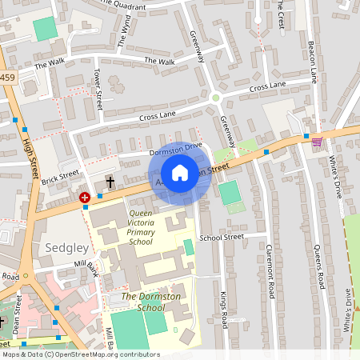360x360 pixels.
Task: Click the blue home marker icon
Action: (x=180, y=173)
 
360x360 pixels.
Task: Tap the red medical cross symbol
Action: (x=85, y=196)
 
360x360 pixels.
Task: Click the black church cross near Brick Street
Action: (x=110, y=183)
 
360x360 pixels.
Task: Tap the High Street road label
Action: (x=32, y=156)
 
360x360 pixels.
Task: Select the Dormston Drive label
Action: (x=177, y=150)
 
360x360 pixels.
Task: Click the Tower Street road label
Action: (x=98, y=89)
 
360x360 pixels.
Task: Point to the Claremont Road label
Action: (x=270, y=275)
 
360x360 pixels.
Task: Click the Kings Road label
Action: (x=224, y=309)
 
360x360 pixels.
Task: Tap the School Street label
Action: (x=222, y=238)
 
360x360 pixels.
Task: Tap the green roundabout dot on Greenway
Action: (x=215, y=98)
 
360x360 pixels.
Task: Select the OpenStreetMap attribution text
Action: (x=80, y=354)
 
